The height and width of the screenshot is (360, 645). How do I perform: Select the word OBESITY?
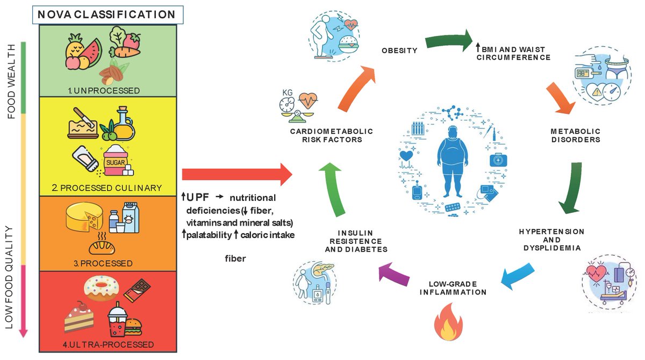point(399,51)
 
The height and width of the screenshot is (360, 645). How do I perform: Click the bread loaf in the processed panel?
point(101,247)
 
